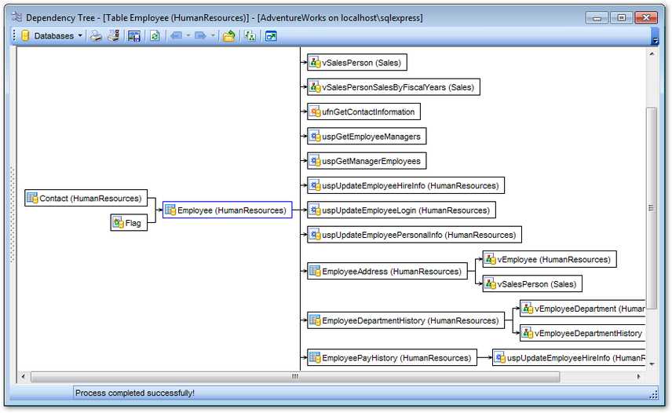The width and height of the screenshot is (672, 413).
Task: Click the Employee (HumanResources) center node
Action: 228,210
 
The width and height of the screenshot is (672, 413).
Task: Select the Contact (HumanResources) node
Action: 85,198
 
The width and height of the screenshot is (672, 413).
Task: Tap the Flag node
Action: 129,223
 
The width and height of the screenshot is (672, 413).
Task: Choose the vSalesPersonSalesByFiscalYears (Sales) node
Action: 393,87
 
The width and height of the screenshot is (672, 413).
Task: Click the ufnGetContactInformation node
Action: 363,111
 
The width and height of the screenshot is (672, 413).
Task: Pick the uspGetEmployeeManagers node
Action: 367,137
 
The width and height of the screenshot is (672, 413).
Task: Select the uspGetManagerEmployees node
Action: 367,161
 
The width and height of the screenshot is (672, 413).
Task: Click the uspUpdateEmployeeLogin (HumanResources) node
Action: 401,210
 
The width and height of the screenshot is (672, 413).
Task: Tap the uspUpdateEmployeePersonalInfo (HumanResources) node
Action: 414,235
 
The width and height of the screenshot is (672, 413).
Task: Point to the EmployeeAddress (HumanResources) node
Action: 387,272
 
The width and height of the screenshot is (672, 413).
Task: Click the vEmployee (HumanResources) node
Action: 549,259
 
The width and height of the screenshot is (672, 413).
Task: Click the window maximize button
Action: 622,17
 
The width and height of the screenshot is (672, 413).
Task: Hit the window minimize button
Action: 598,17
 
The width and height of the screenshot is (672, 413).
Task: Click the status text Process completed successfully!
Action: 135,393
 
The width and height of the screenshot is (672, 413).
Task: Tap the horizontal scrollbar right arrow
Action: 637,377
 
